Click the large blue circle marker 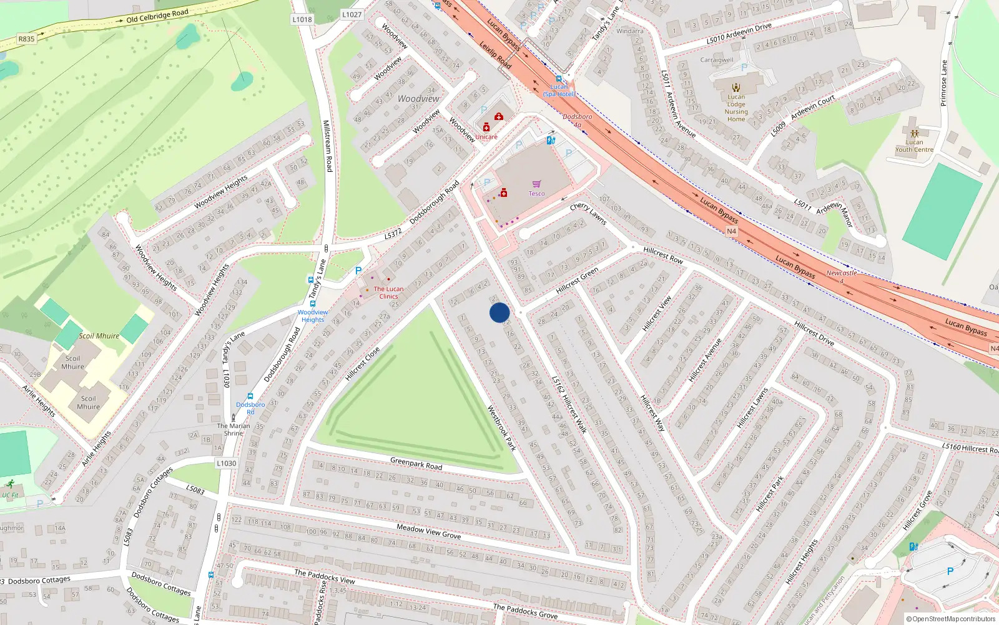[499, 312]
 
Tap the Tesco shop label [537, 194]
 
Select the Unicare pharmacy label [486, 137]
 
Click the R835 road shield [26, 39]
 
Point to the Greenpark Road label [416, 463]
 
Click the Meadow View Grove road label [429, 532]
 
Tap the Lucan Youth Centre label [914, 146]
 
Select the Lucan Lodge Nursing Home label [736, 108]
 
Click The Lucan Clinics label [388, 292]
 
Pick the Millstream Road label [327, 146]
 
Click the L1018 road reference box [302, 19]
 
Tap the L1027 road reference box [352, 14]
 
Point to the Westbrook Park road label [501, 428]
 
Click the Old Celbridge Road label [157, 16]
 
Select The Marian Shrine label [234, 429]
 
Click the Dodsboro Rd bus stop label [250, 408]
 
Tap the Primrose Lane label [943, 83]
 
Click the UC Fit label [10, 495]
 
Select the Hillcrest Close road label [362, 364]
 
